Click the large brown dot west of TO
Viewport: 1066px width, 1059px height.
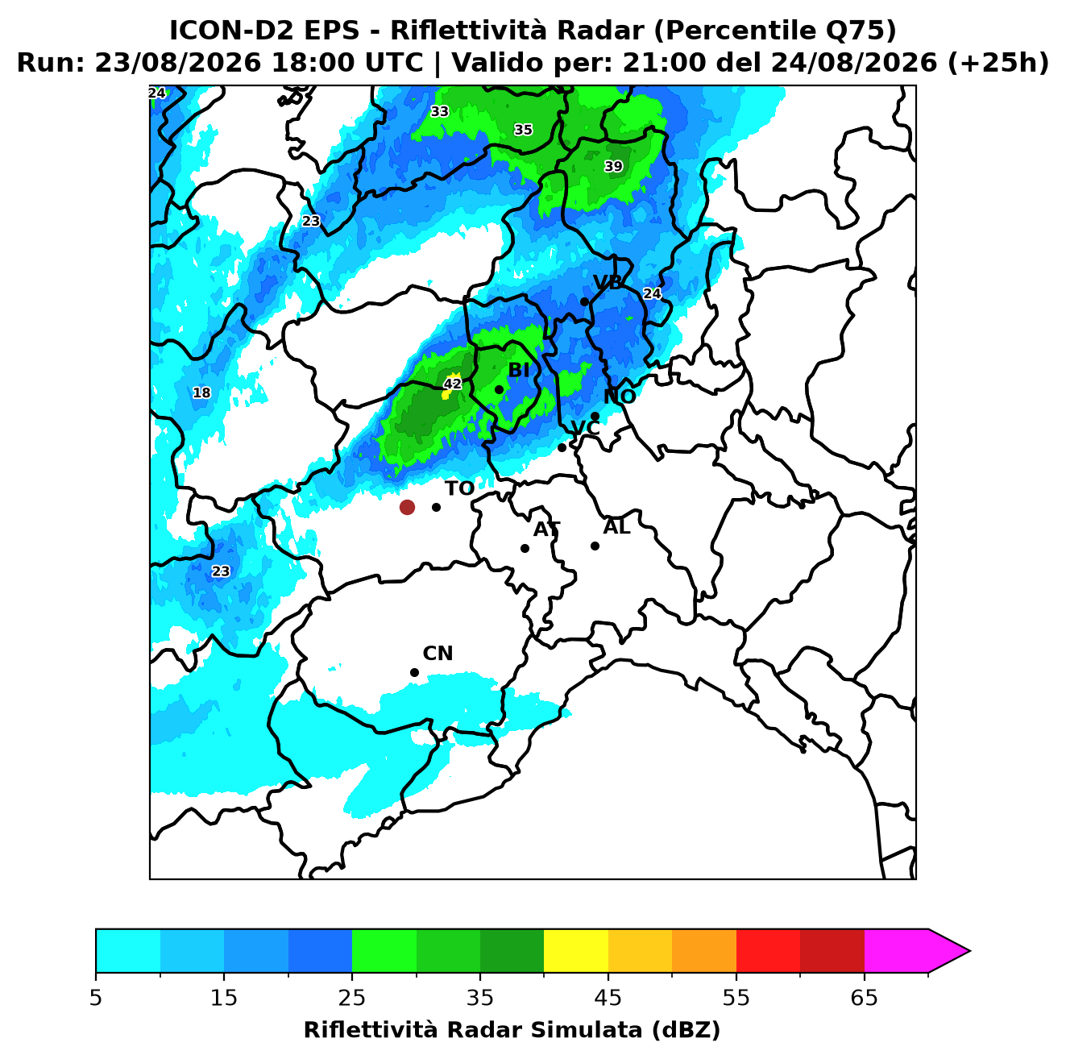407,506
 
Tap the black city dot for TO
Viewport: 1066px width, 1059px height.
436,507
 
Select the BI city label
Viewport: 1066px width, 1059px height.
518,371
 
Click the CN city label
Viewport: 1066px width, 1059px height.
438,654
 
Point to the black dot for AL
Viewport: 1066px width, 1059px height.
595,546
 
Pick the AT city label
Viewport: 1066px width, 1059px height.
546,529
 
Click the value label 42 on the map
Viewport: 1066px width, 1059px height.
453,384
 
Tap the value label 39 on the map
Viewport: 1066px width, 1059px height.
613,166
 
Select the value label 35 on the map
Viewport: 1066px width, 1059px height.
523,130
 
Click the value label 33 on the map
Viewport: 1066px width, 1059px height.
439,111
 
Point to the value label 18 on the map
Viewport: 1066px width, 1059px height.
201,392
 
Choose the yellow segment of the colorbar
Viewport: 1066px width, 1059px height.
575,952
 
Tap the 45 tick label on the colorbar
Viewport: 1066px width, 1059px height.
608,998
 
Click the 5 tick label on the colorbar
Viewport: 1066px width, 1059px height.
96,998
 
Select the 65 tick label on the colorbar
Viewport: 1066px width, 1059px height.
864,998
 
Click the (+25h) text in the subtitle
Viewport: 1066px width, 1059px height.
998,63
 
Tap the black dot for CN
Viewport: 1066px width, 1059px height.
414,673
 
